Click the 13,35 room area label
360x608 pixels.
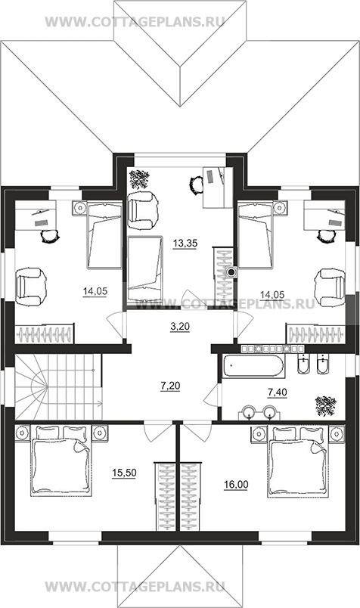click(185, 244)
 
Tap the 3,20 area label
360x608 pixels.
click(180, 327)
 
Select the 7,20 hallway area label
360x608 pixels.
click(170, 386)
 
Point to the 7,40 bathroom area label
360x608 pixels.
click(278, 392)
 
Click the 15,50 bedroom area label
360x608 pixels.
click(124, 473)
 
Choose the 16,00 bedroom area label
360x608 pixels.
click(236, 484)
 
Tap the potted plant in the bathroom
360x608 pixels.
click(325, 405)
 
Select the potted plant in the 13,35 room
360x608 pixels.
click(139, 178)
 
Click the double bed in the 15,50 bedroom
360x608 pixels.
click(61, 461)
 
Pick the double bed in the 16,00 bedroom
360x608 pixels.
click(297, 461)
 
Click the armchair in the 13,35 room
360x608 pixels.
click(143, 210)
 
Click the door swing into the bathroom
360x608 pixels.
click(212, 395)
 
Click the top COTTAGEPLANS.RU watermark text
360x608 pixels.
click(135, 22)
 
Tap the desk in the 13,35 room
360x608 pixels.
click(218, 188)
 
